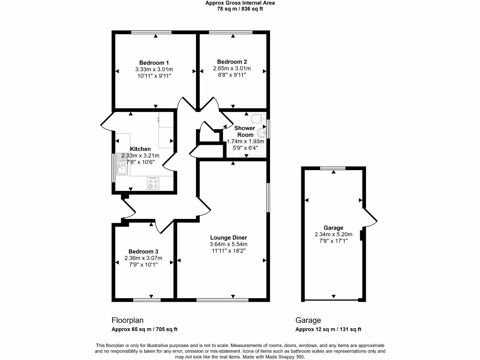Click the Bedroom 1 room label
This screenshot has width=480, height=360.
pos(154,63)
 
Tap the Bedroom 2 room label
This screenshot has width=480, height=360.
pos(232,62)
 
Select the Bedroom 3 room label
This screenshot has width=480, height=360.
pos(143,252)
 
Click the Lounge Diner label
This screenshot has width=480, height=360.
pos(228,238)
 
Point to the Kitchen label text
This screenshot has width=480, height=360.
pos(140,149)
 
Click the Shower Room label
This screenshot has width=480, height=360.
pos(245,131)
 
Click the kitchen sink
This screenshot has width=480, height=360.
pos(122,167)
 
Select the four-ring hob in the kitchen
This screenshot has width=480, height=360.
pos(153,183)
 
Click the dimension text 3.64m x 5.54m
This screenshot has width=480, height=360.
pos(228,244)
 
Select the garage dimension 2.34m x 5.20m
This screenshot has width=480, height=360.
pos(333,235)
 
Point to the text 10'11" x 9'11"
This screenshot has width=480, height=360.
pos(154,76)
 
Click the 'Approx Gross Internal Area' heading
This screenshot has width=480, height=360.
pos(240,3)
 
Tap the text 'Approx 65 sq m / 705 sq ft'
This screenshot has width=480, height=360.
pos(144,330)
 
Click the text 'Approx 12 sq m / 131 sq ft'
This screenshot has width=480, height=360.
pos(328,330)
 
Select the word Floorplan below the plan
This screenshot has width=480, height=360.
pos(127,321)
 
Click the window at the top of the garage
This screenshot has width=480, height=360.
pos(333,168)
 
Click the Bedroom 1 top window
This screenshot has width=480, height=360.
pos(151,32)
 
